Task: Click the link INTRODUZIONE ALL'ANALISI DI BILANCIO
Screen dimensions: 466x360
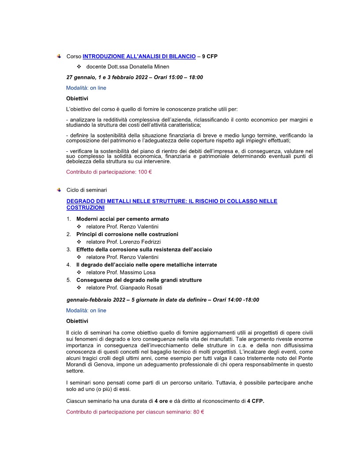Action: point(139,56)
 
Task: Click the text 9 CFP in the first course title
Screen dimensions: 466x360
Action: point(210,56)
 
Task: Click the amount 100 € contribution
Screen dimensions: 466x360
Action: point(145,172)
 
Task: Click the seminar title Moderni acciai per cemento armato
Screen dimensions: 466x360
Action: point(123,219)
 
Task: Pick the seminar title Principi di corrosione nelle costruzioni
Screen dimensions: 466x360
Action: point(127,234)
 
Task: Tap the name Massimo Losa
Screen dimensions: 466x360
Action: point(142,272)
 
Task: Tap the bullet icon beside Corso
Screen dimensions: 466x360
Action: point(58,56)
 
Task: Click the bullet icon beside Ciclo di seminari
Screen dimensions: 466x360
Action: point(58,190)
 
